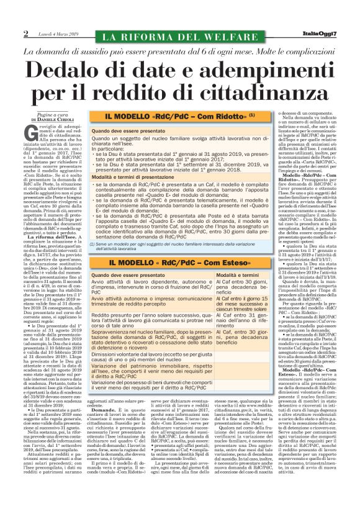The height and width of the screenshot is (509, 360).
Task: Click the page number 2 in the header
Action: [26, 33]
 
